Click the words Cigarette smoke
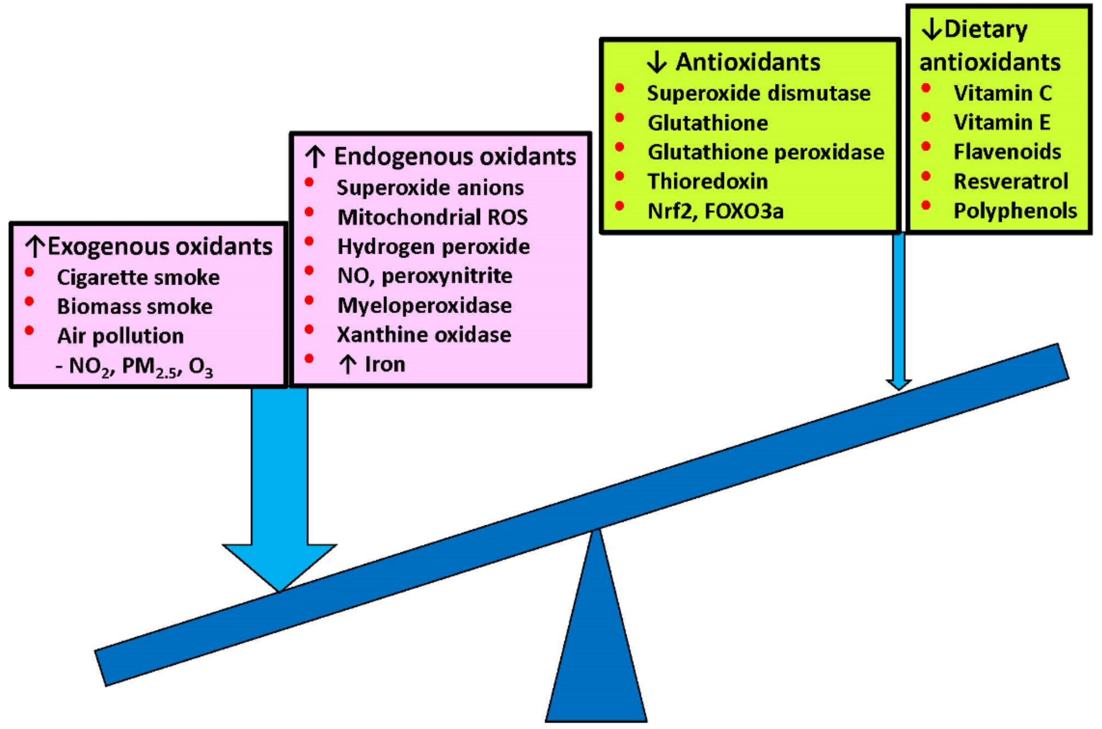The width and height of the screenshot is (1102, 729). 138,278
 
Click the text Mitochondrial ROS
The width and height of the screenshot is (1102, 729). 432,217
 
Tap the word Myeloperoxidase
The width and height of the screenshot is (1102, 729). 424,306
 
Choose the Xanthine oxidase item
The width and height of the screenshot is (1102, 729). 424,335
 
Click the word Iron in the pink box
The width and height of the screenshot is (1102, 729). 385,364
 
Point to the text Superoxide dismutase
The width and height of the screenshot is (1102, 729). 758,93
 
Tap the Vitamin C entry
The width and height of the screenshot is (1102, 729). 1002,93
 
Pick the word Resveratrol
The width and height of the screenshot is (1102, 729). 1010,181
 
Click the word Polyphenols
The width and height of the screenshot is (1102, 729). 1015,211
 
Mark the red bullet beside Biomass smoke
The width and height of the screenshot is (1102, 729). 29,301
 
